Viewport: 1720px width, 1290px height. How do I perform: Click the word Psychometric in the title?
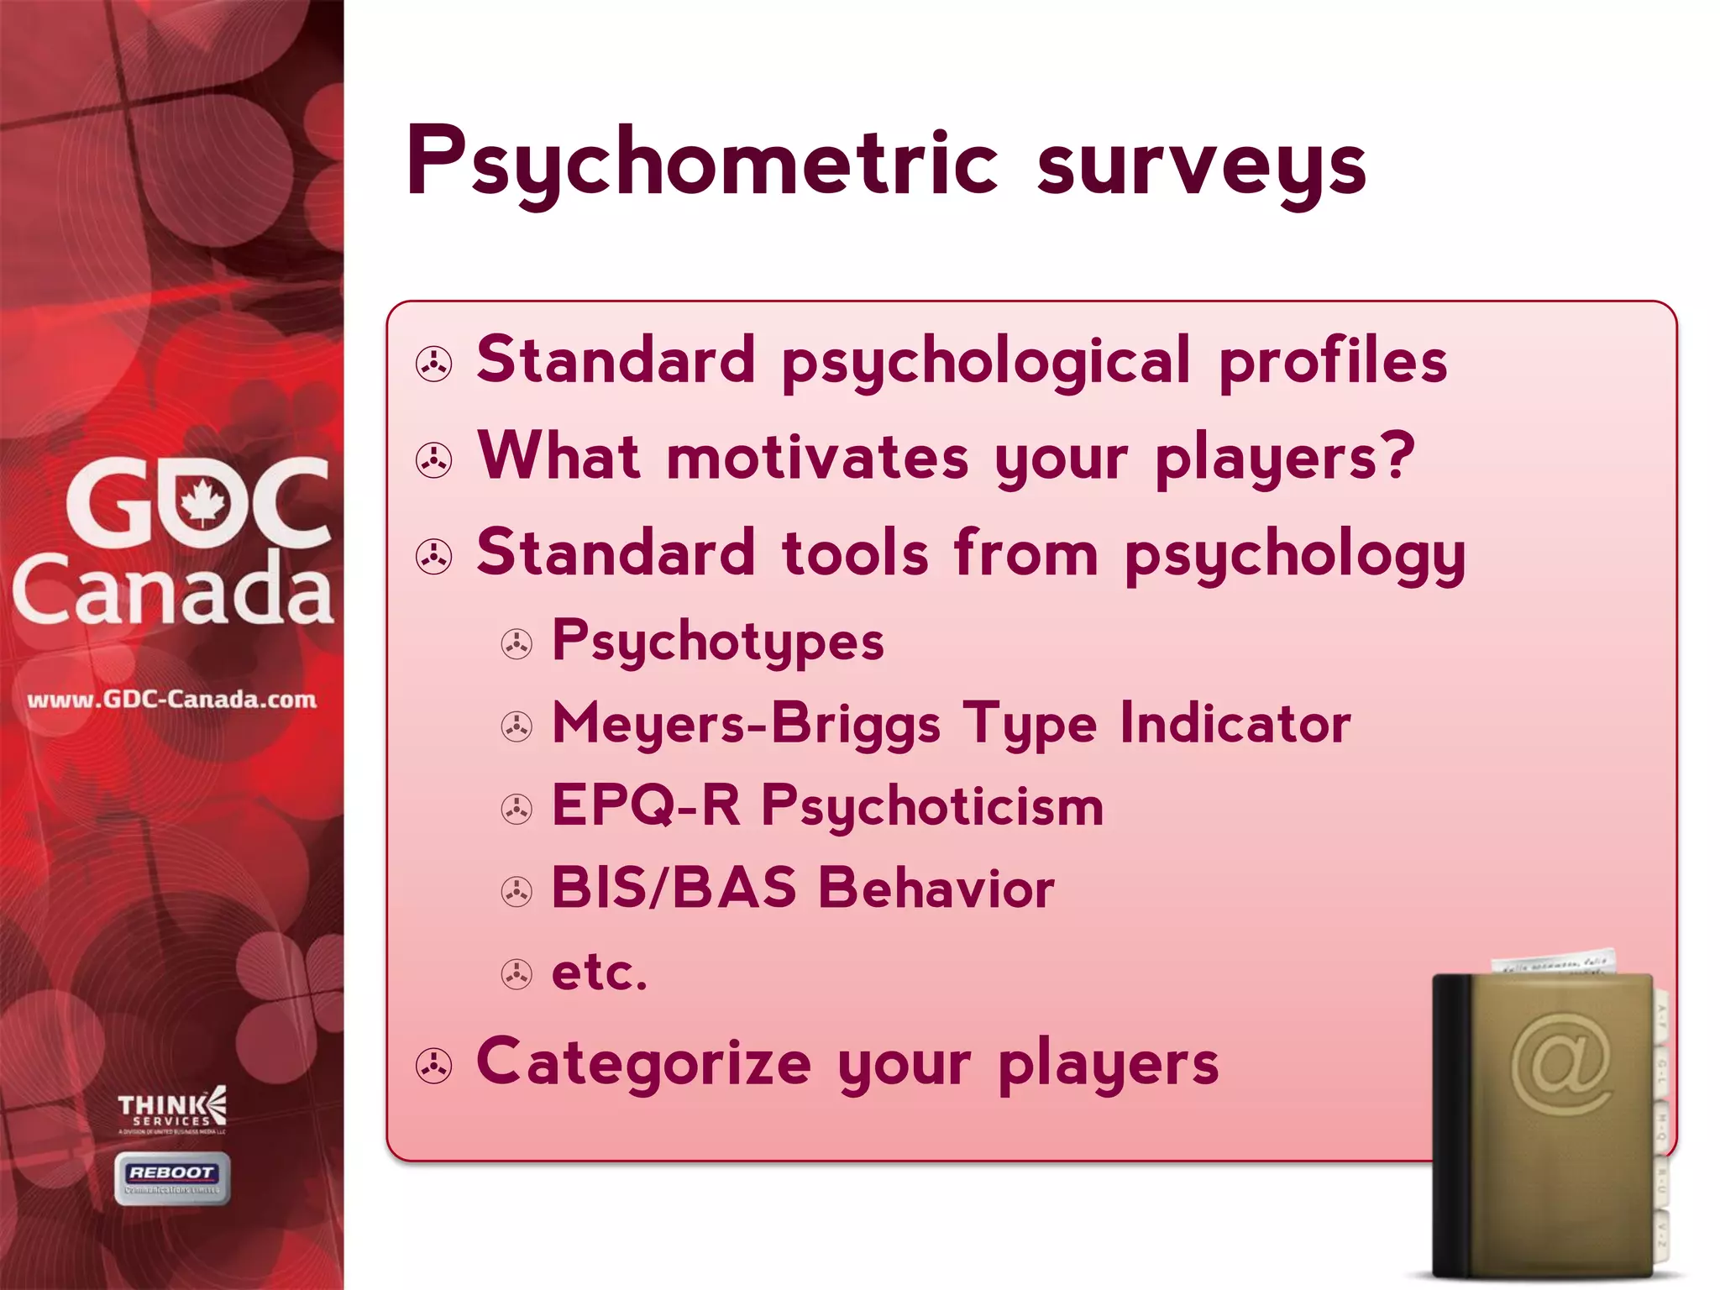click(x=701, y=164)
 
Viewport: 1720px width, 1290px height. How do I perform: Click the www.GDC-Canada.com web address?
click(x=171, y=699)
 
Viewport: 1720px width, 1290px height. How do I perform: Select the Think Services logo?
click(x=172, y=1110)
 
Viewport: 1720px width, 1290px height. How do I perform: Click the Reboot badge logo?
click(x=172, y=1177)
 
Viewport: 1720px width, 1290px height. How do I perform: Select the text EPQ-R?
click(x=645, y=806)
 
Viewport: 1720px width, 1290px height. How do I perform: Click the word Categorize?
click(x=643, y=1062)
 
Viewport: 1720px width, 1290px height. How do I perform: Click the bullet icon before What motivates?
click(x=434, y=460)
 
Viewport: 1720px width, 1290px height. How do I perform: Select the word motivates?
click(x=817, y=459)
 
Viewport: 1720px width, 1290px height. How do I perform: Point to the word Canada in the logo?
click(x=172, y=588)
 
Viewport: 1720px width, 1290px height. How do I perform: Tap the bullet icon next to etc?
click(x=517, y=974)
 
